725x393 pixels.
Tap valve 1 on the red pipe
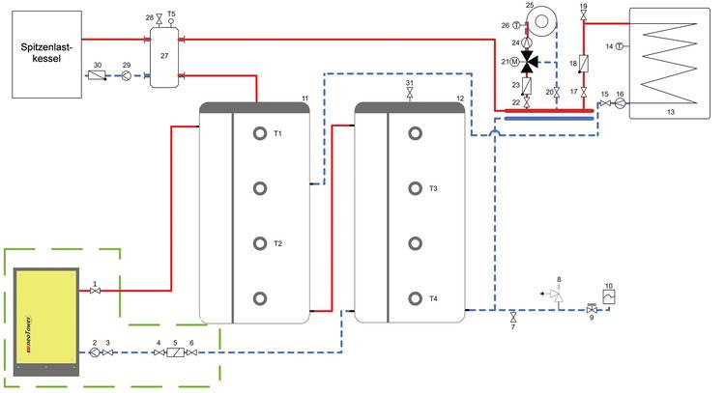[x=95, y=291]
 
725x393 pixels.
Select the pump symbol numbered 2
[x=94, y=353]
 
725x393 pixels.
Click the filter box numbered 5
[x=175, y=353]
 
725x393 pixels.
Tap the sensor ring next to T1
[x=258, y=133]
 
